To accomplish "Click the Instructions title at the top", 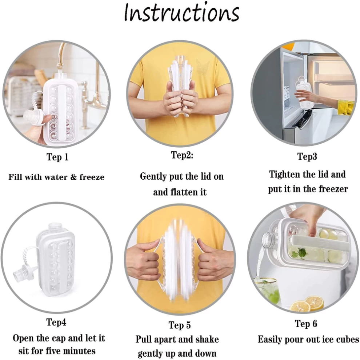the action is coord(181,13).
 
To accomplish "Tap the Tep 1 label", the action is coord(57,157).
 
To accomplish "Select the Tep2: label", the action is coord(182,155).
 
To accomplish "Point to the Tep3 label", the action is coord(307,157).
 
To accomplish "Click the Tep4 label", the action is coord(56,322).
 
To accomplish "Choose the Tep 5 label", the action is coord(180,325).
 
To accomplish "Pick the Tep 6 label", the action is coord(306,324).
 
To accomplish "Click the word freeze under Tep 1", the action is coord(92,177).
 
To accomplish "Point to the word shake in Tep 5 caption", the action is coord(207,340).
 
